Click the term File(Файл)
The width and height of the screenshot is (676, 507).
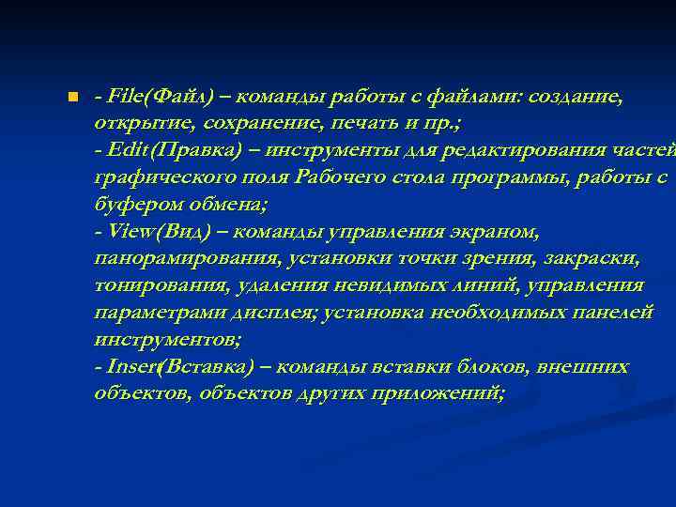pyautogui.click(x=161, y=96)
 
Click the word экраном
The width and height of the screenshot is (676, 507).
pyautogui.click(x=493, y=231)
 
